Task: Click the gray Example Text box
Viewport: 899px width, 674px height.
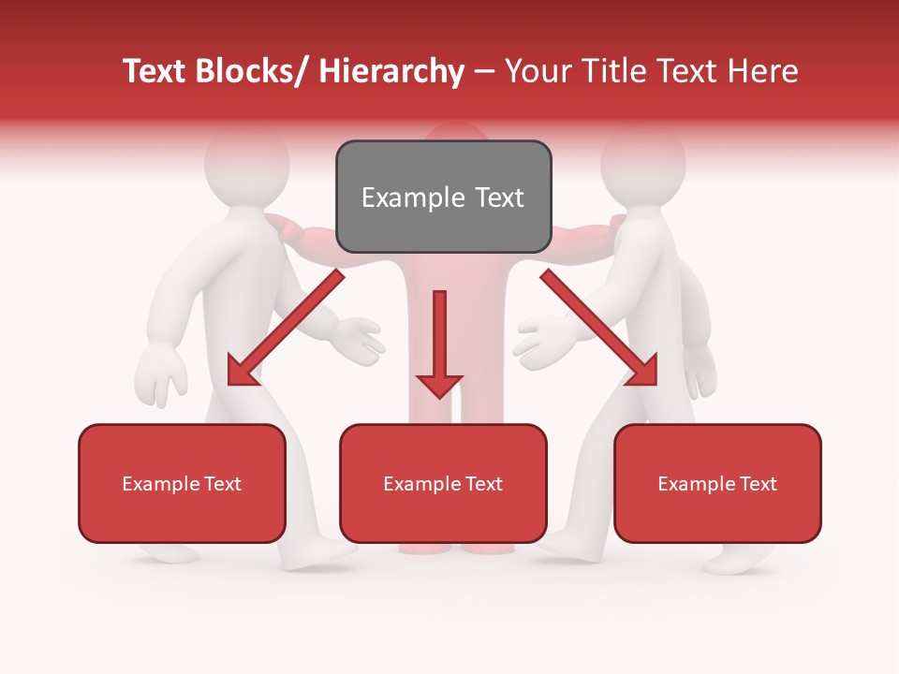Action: [x=443, y=197]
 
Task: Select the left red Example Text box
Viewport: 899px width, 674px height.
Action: [x=182, y=483]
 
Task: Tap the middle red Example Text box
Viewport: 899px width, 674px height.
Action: [x=443, y=483]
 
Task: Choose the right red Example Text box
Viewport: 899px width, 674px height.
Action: [x=717, y=483]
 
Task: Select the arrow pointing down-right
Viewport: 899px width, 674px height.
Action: [x=601, y=330]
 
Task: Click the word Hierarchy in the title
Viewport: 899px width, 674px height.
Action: [x=391, y=71]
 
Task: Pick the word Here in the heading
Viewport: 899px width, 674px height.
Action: [x=765, y=71]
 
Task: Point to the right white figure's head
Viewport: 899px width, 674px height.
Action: [x=643, y=159]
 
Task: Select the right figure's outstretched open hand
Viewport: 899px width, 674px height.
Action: [x=544, y=339]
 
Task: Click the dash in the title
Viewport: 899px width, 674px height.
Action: [x=484, y=71]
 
